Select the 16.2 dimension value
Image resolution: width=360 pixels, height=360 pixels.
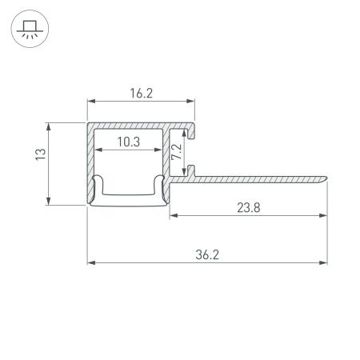pos(140,94)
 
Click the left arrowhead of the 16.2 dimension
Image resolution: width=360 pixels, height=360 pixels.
pos(90,102)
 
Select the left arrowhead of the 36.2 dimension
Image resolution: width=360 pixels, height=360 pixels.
pos(90,262)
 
